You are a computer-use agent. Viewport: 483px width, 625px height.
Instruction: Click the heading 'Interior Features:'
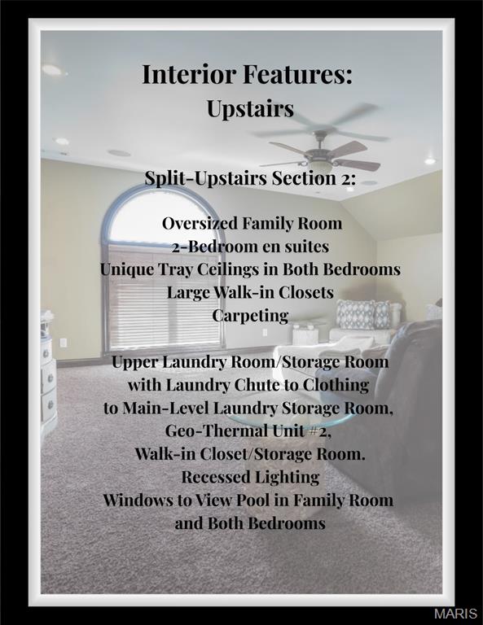[x=247, y=75]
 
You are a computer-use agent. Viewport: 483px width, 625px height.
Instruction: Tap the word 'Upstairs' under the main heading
[x=249, y=108]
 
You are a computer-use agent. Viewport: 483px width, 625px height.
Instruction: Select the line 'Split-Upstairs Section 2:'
[x=249, y=178]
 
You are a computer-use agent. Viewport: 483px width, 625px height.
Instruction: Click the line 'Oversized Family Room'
[x=251, y=223]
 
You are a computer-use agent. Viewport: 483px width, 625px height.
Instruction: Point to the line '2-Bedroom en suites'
[x=250, y=246]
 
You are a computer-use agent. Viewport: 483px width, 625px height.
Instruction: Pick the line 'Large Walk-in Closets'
[x=250, y=291]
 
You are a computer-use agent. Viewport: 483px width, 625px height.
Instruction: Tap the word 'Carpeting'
[x=250, y=315]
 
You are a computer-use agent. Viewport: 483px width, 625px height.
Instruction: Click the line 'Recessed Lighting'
[x=250, y=477]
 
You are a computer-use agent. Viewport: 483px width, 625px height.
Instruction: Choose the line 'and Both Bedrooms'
[x=250, y=523]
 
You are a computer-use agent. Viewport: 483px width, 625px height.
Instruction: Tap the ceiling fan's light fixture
[x=321, y=162]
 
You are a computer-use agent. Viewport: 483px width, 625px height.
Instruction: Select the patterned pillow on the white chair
[x=355, y=314]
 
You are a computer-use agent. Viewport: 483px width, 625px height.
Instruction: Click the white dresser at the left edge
[x=48, y=374]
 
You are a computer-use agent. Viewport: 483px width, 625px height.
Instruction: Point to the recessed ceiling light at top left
[x=52, y=70]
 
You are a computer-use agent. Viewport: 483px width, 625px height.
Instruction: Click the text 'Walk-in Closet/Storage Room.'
[x=250, y=454]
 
